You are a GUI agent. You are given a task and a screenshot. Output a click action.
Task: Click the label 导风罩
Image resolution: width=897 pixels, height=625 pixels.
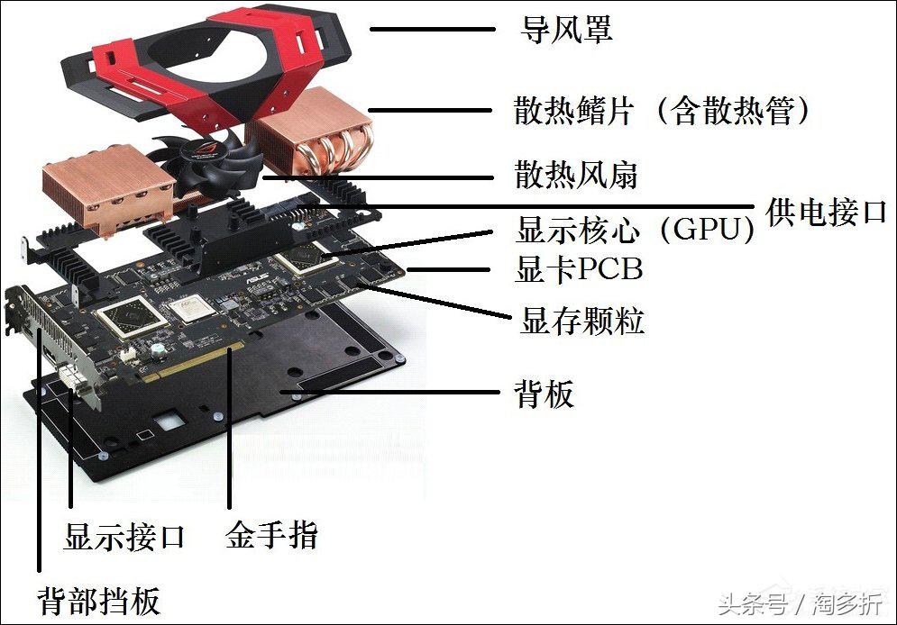pyautogui.click(x=567, y=30)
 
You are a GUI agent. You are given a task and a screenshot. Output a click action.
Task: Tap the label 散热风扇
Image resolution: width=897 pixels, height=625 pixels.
pyautogui.click(x=576, y=175)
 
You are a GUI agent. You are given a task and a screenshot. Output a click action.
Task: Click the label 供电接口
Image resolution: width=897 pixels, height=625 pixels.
pyautogui.click(x=826, y=213)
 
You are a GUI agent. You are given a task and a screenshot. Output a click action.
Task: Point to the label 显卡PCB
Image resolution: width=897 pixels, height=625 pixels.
pyautogui.click(x=578, y=269)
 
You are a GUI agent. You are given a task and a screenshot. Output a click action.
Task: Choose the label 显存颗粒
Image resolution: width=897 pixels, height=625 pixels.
pyautogui.click(x=581, y=321)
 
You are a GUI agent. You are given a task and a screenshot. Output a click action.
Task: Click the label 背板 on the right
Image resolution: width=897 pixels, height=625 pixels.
pyautogui.click(x=544, y=394)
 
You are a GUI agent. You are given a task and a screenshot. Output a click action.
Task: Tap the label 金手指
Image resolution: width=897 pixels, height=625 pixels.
pyautogui.click(x=271, y=537)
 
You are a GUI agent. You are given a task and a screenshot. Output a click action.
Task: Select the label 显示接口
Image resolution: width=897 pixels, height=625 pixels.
pyautogui.click(x=124, y=538)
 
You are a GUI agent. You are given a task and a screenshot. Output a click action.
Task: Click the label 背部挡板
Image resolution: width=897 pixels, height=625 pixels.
pyautogui.click(x=98, y=599)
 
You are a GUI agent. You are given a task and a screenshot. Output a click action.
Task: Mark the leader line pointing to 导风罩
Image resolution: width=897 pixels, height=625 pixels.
pyautogui.click(x=432, y=29)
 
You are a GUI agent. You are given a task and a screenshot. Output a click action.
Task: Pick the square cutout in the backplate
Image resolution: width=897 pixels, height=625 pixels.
pyautogui.click(x=167, y=421)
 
